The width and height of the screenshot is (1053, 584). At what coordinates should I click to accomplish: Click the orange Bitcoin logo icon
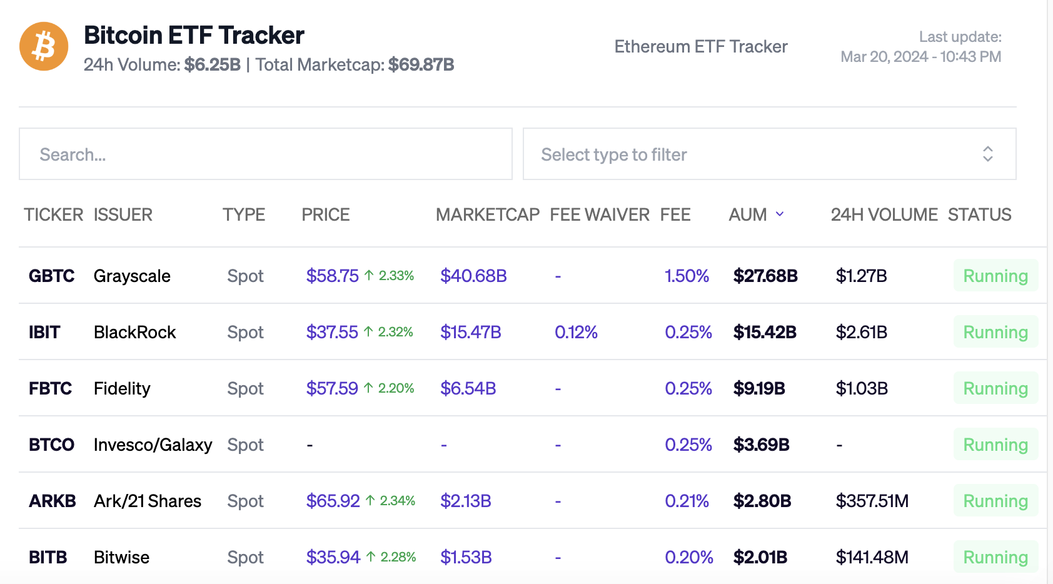[x=44, y=46]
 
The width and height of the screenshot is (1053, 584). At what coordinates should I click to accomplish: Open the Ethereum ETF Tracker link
[x=700, y=47]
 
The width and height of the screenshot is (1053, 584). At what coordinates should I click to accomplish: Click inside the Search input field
[x=266, y=154]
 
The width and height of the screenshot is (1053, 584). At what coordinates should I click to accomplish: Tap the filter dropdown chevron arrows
[x=987, y=154]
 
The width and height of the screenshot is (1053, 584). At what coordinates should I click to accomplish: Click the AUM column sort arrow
[x=780, y=214]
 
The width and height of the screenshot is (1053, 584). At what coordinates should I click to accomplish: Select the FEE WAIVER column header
[x=599, y=214]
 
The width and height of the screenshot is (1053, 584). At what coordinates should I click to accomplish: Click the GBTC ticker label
[x=51, y=276]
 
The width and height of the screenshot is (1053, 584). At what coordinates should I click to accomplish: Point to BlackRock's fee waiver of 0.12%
[x=576, y=332]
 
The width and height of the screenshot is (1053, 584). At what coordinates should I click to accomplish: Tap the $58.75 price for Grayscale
[x=332, y=276]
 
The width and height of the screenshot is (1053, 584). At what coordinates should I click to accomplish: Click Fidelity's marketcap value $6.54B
[x=468, y=388]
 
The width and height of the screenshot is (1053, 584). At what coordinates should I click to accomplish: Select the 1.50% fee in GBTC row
[x=687, y=276]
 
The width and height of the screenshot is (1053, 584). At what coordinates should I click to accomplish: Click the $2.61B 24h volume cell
[x=861, y=332]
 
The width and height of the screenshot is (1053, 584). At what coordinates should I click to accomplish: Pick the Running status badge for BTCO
[x=995, y=445]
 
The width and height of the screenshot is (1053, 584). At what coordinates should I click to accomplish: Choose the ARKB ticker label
[x=52, y=501]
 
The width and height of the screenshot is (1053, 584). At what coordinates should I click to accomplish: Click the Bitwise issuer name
[x=121, y=557]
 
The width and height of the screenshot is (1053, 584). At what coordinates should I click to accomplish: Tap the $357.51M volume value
[x=872, y=501]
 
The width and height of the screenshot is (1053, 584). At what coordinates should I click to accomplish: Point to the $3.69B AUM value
[x=761, y=445]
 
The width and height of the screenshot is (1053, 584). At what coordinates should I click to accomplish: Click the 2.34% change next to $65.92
[x=397, y=501]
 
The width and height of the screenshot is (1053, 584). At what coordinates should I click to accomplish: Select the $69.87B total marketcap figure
[x=421, y=65]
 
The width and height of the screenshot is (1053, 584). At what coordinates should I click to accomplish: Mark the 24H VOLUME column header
[x=884, y=214]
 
